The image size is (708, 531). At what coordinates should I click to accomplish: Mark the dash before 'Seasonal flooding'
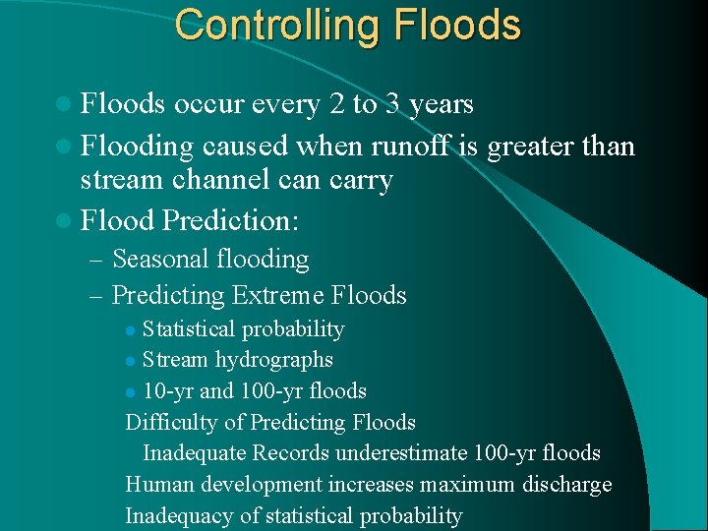coord(95,260)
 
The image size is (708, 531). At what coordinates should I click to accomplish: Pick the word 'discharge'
coord(568,485)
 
